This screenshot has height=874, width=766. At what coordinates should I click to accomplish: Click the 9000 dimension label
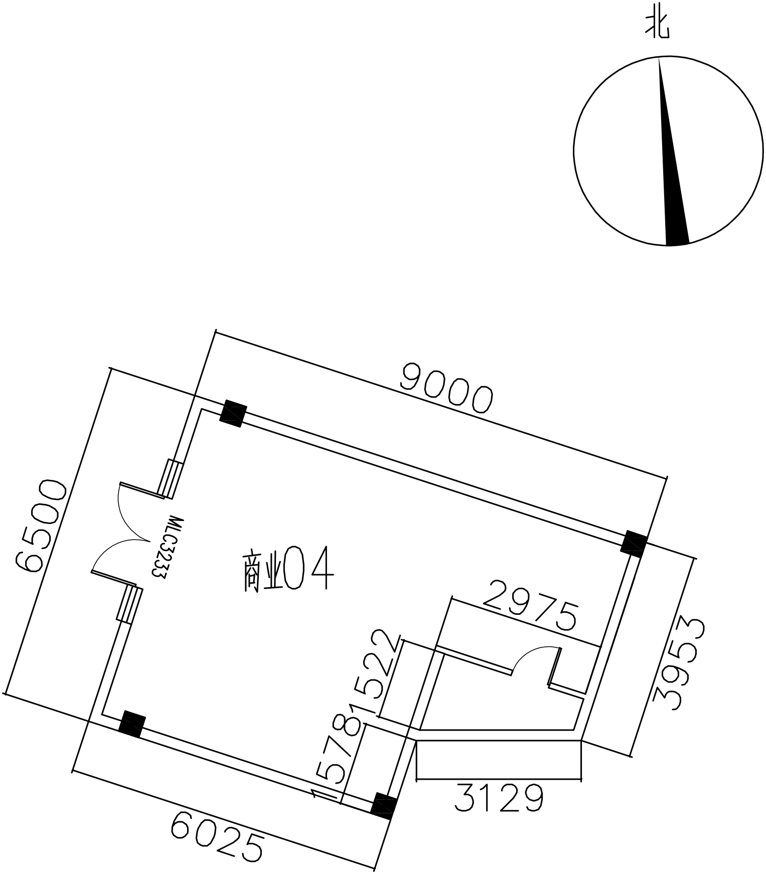[x=447, y=389]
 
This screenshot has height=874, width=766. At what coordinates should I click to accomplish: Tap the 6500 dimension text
[x=41, y=527]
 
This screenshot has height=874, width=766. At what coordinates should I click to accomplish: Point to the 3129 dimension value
[x=499, y=799]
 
